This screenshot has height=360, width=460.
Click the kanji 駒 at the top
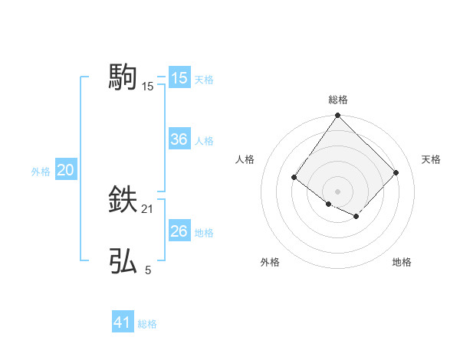coord(123,77)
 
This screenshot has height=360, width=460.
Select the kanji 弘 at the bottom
coord(123,261)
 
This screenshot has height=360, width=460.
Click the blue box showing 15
coord(179,78)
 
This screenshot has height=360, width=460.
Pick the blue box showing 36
coord(179,139)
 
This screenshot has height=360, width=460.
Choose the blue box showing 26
coord(179,231)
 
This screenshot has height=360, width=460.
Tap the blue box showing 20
coord(65,170)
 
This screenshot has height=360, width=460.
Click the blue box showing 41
coord(123,322)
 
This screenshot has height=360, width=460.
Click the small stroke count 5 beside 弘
coord(148,270)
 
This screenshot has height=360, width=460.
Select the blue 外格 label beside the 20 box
coord(41,172)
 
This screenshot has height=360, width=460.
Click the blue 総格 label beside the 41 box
coord(147,324)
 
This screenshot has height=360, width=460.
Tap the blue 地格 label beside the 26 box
coord(204,233)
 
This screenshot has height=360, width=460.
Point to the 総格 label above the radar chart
coord(338,100)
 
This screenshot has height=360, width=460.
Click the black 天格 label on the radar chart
coord(432,159)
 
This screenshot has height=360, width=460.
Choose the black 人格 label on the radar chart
coord(245,159)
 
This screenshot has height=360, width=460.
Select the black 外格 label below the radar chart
coord(270,263)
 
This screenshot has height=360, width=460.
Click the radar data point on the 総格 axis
coord(338,116)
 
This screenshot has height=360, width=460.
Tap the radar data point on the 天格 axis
coord(396,172)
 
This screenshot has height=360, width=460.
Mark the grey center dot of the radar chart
coord(338,191)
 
